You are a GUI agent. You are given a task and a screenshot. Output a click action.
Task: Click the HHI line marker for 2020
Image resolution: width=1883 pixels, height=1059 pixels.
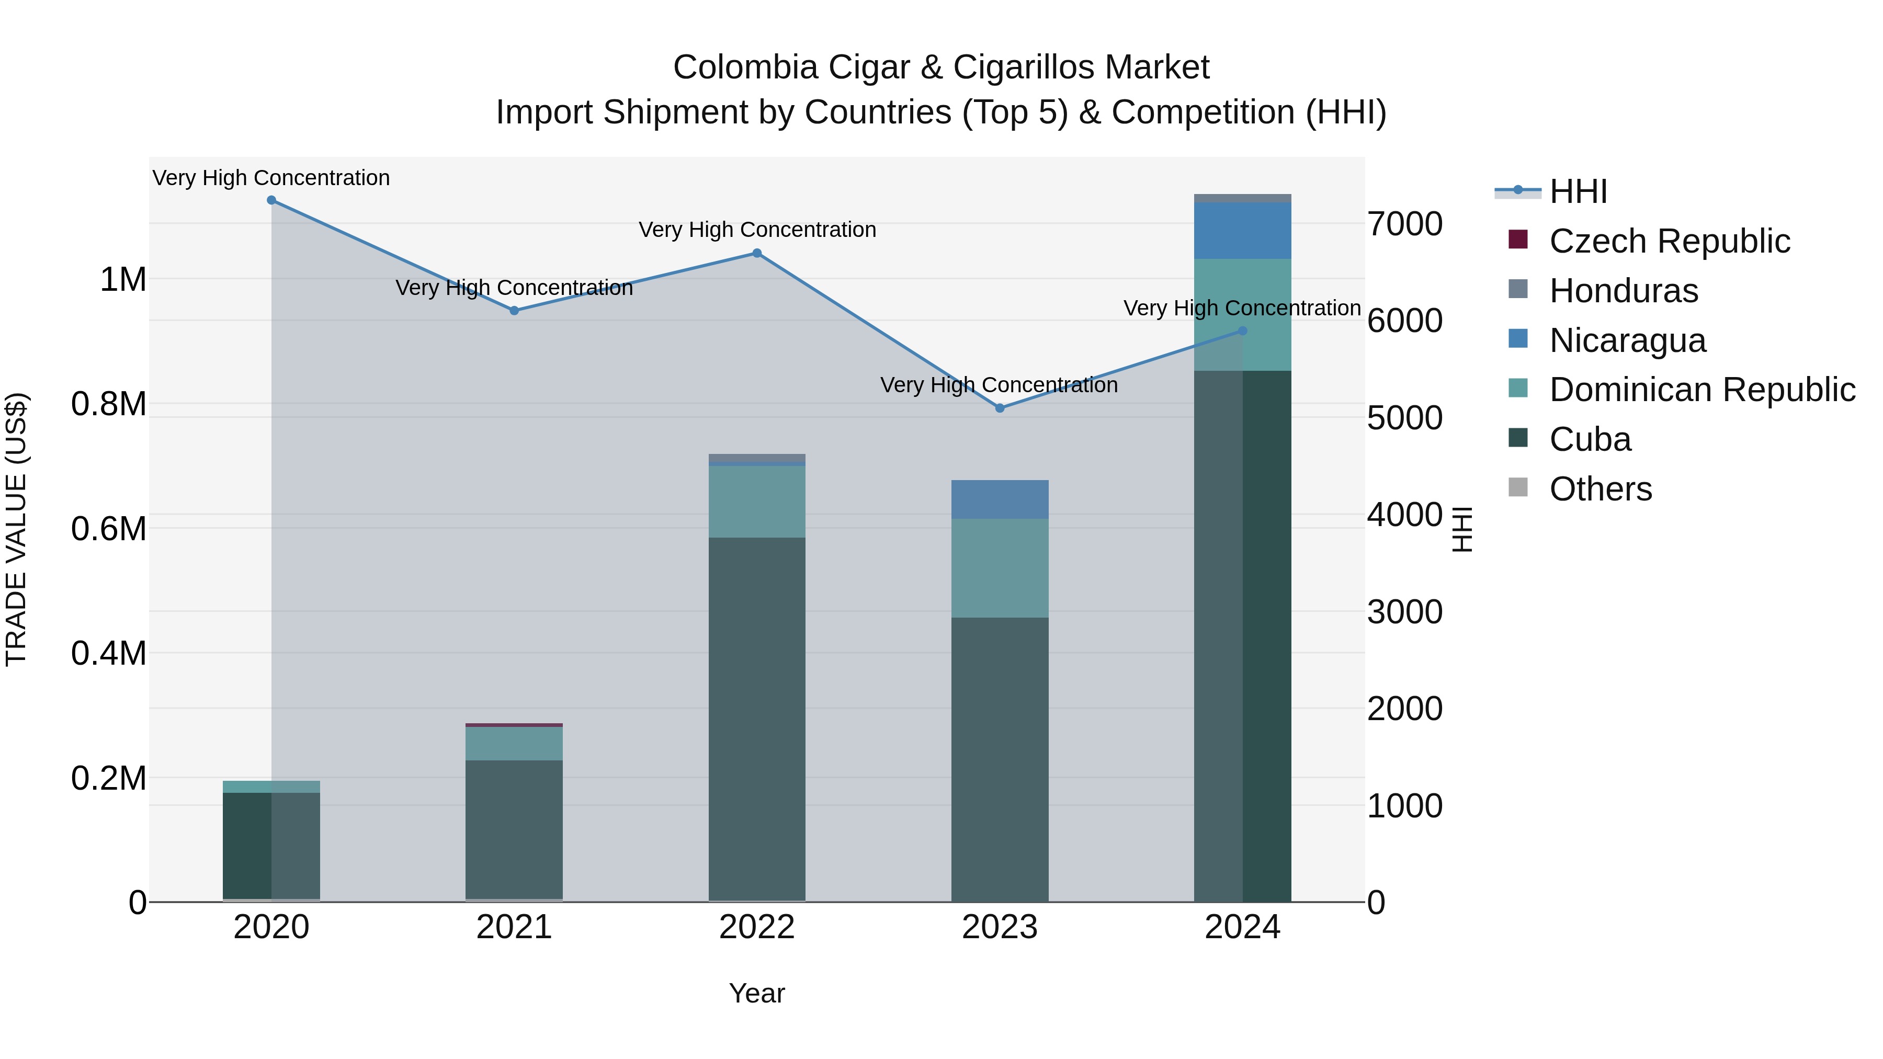click(271, 200)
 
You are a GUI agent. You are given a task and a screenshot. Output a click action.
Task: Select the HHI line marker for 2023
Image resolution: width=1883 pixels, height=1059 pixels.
click(1000, 408)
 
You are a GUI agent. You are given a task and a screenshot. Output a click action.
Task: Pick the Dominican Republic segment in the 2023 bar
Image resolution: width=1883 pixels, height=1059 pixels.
click(1000, 568)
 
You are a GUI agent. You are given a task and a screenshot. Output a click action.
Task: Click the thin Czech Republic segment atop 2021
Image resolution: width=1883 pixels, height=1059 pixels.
click(514, 725)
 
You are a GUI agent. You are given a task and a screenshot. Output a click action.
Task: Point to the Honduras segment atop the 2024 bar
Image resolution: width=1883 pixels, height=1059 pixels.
click(1243, 198)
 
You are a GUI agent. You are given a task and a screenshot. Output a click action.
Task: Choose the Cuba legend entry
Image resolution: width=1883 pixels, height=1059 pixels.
click(1590, 439)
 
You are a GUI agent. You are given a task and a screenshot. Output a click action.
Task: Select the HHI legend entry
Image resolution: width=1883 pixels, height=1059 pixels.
click(1578, 191)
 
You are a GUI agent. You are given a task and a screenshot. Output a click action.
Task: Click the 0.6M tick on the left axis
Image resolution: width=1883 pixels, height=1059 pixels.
click(109, 528)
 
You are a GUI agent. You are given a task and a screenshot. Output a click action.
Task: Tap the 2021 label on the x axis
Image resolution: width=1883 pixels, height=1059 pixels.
click(514, 927)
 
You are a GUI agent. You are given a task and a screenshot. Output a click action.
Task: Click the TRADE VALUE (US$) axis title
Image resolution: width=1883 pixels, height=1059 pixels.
click(16, 529)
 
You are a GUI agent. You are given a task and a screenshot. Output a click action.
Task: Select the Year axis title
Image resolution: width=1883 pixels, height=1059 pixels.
click(756, 993)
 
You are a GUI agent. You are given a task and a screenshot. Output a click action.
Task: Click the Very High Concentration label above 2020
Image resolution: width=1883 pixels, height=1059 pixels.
click(271, 178)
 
